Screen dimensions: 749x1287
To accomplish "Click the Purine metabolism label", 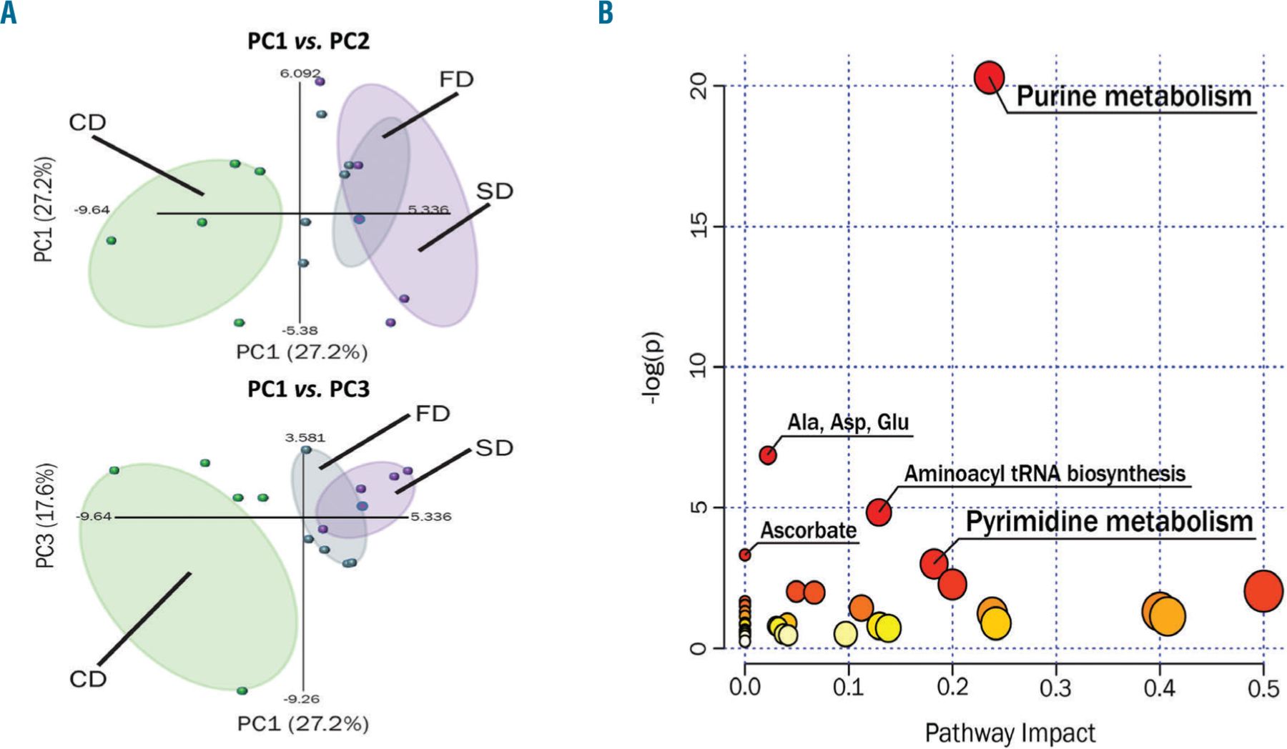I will point(1134,96).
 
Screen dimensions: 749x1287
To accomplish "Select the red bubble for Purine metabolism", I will point(990,76).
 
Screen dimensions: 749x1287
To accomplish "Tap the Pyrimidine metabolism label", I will point(1109,522).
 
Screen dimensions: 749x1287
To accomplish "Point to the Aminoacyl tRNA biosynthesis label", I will point(1045,473).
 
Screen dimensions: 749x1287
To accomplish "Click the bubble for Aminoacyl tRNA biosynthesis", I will point(879,512).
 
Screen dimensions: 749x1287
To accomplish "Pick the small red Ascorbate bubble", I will point(745,555).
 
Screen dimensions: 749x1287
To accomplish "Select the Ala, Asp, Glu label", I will point(848,422).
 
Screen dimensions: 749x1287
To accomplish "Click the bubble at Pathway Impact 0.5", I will point(1263,591).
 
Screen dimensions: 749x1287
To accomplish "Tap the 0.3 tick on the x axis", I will point(1056,688).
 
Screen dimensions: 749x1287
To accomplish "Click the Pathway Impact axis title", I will point(1010,733).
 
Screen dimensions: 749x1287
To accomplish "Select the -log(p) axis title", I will point(654,368).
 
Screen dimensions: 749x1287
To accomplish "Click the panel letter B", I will point(606,12).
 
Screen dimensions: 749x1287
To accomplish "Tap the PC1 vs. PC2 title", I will point(309,41).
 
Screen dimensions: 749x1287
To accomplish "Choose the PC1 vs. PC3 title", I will point(309,389).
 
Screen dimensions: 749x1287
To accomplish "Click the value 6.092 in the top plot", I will point(300,73).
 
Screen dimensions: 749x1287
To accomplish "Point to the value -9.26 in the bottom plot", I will point(301,699).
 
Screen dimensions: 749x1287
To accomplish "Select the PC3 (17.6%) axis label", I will point(45,516).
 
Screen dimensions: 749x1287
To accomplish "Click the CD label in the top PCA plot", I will point(87,123).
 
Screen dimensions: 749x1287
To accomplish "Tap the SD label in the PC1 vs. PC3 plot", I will point(494,448).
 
